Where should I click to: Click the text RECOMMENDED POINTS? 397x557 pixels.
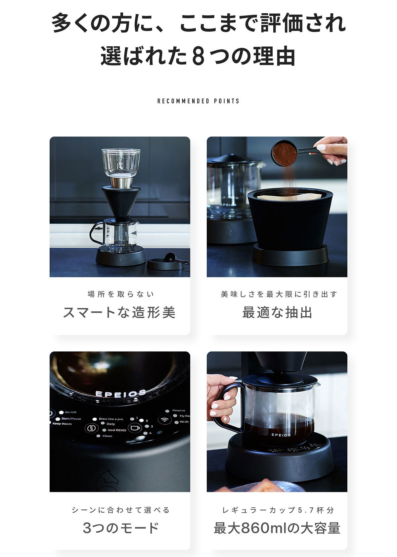tap(198, 101)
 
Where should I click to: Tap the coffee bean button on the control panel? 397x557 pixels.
tap(91, 428)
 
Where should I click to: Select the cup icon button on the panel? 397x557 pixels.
tap(135, 428)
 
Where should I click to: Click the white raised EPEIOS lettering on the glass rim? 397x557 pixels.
tap(120, 393)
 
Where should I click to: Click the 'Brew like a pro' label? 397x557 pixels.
tap(111, 419)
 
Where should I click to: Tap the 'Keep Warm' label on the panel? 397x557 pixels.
tap(62, 423)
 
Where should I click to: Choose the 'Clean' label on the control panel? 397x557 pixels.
tap(107, 436)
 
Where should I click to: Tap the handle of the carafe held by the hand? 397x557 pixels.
tap(228, 407)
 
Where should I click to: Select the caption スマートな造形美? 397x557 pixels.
tap(119, 312)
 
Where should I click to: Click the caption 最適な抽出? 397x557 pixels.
tap(277, 312)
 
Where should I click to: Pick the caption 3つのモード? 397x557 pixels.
tap(121, 528)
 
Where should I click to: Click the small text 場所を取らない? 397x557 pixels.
tap(121, 294)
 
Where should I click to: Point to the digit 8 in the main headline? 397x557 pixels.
tap(198, 57)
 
